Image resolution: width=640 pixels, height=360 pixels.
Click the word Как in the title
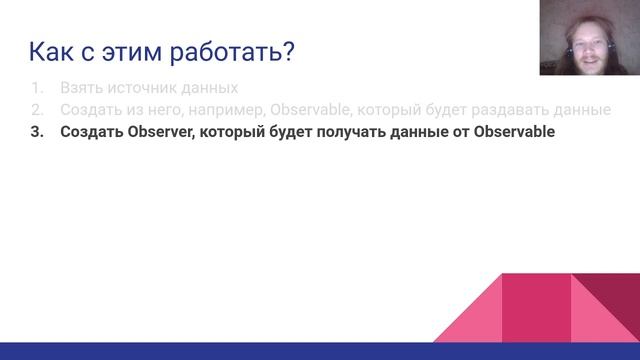coord(50,51)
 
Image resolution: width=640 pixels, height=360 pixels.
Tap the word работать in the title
coord(223,51)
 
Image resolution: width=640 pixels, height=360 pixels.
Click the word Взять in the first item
coord(82,87)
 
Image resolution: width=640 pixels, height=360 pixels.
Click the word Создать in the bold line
coord(92,132)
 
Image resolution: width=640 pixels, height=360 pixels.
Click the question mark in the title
coord(286,51)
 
